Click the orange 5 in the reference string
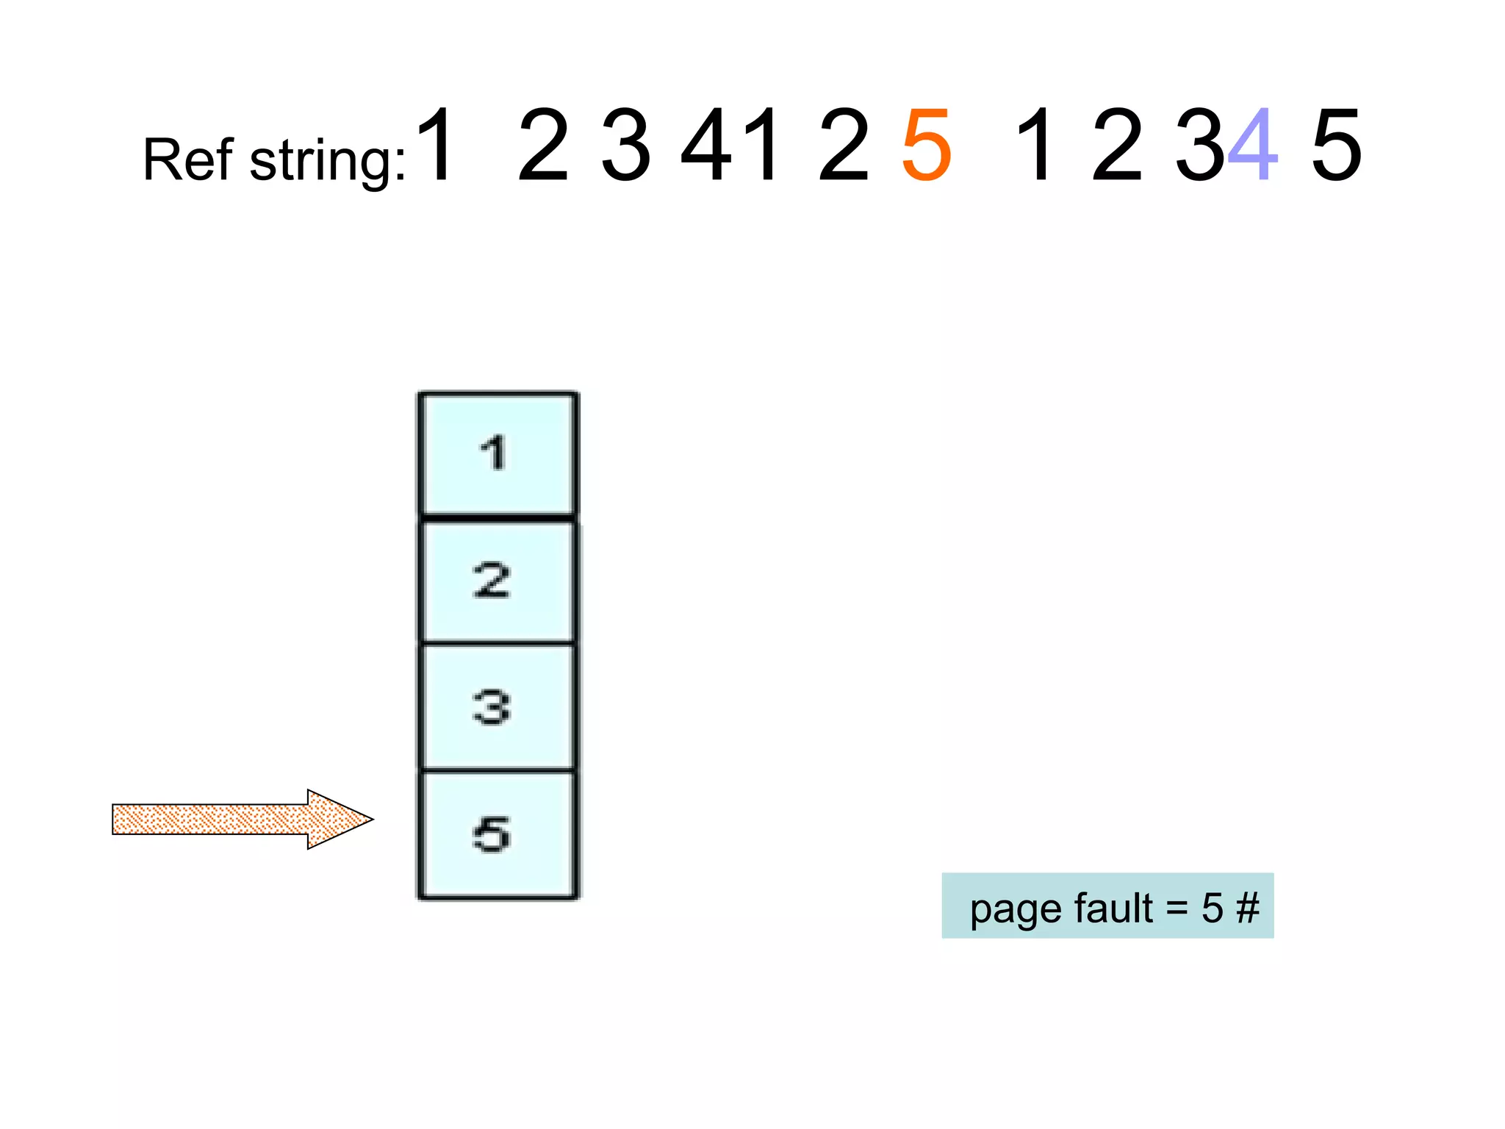[927, 145]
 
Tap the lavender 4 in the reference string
[1253, 145]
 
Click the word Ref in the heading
[188, 160]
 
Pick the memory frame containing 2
[498, 581]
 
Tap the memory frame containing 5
[498, 835]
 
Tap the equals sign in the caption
[1177, 909]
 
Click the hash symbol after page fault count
[1247, 908]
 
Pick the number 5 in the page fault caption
[1212, 908]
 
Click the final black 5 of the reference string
[1337, 145]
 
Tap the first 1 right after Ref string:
[437, 145]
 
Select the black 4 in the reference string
[708, 145]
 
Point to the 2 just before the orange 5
[844, 145]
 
